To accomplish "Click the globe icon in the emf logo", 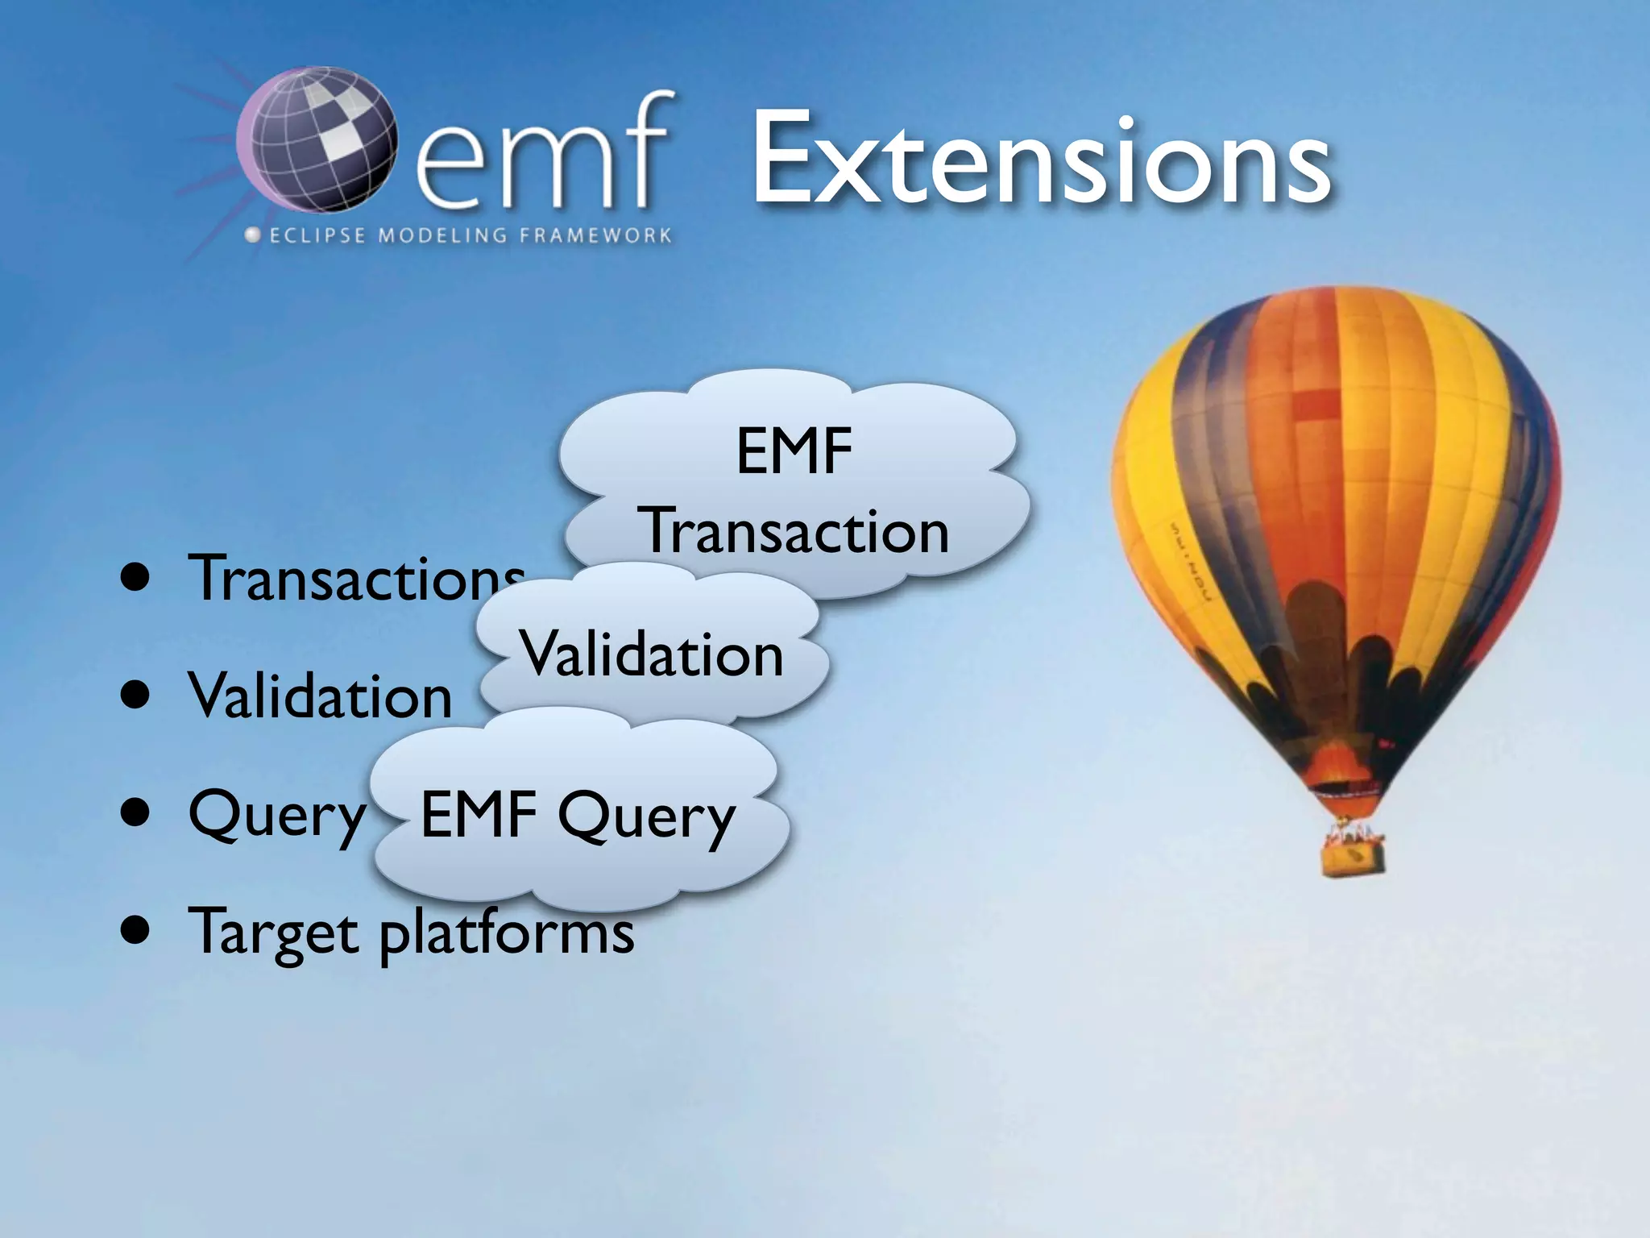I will pos(317,141).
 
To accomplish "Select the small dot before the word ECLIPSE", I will pos(253,235).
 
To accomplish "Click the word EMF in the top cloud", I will pos(794,451).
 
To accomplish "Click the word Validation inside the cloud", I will pos(651,654).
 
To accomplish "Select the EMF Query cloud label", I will pos(578,816).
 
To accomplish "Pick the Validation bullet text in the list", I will pos(320,696).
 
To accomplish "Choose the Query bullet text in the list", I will pos(276,815).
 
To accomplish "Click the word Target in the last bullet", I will pos(273,933).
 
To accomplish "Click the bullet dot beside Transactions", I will pos(136,578).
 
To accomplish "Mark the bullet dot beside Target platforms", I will pos(136,931).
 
